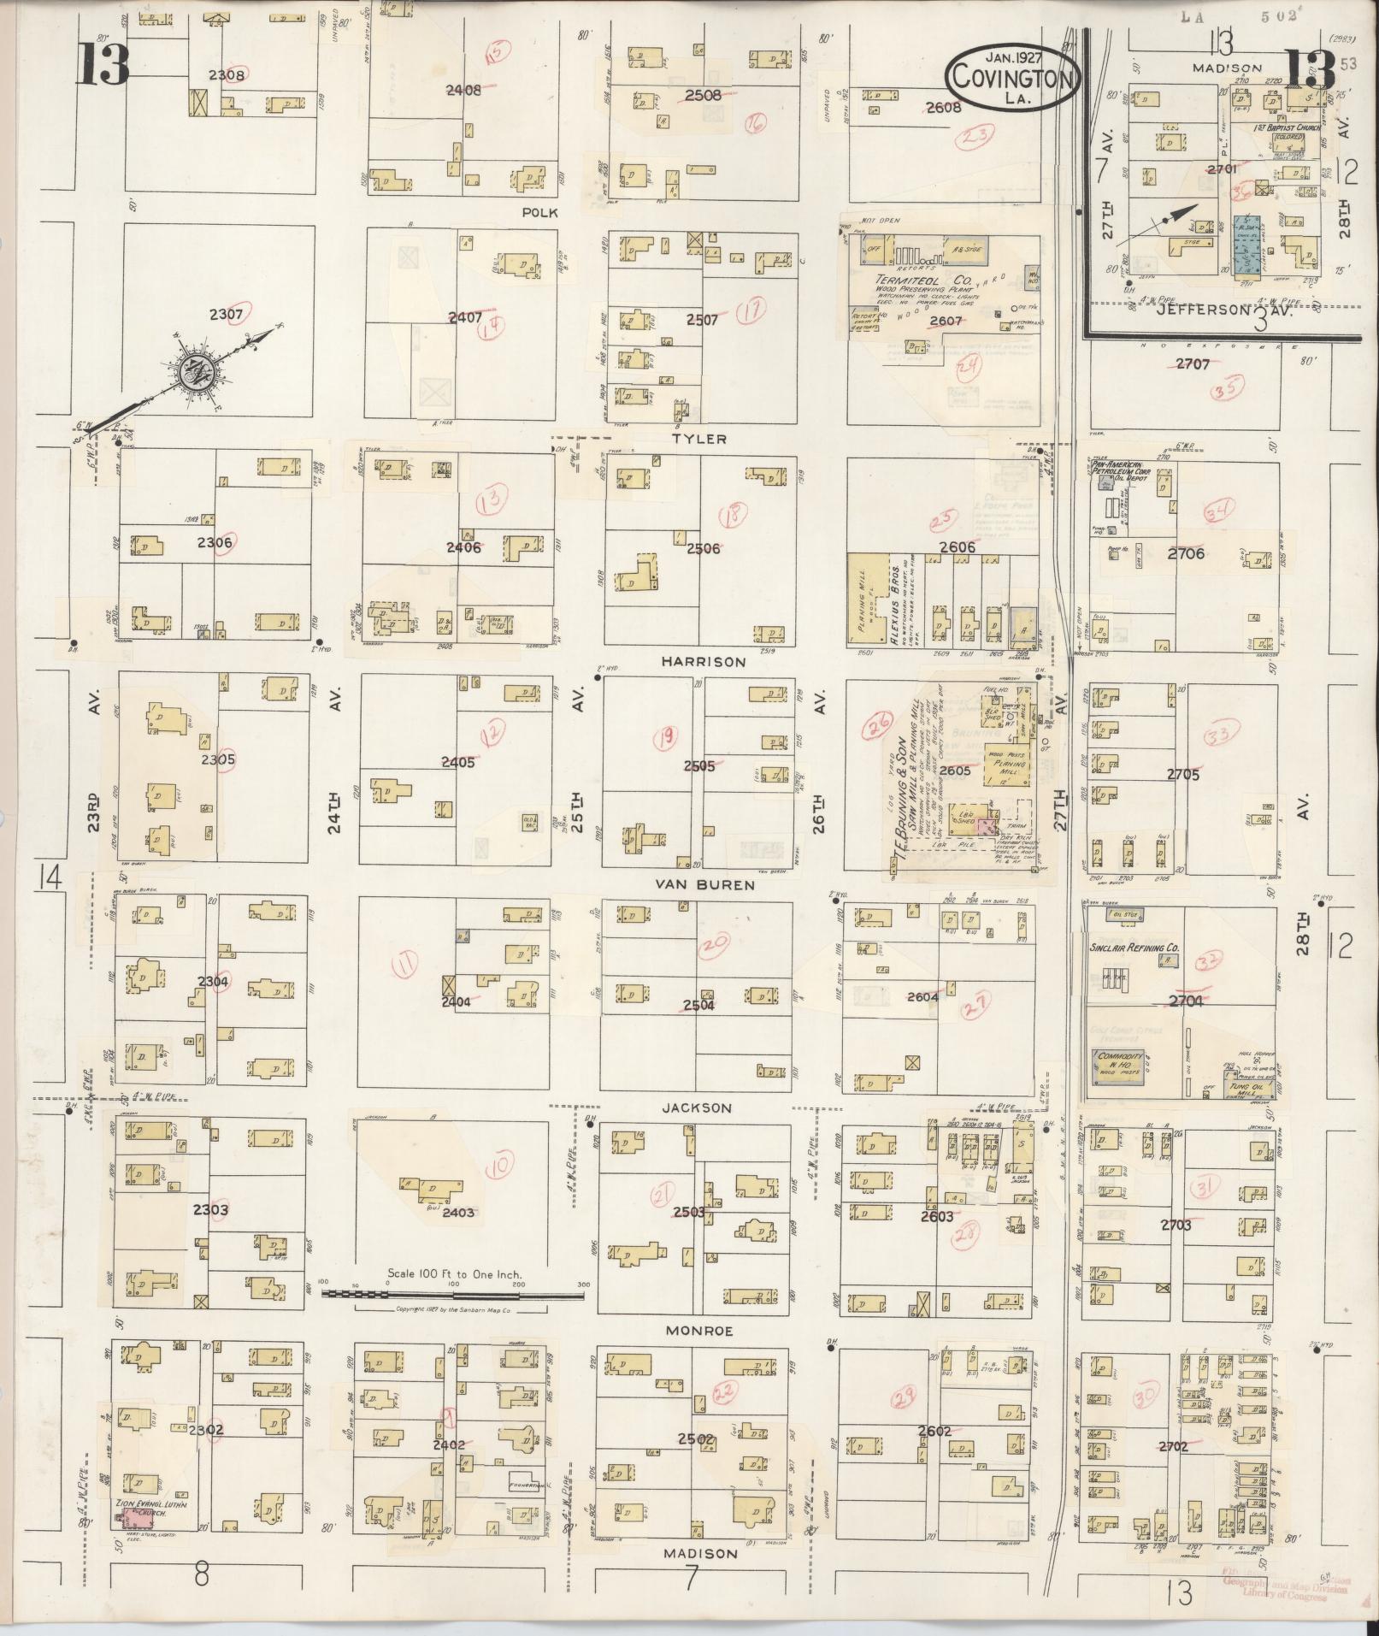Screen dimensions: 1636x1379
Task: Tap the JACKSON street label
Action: (x=697, y=1107)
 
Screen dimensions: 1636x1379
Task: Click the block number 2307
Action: (x=226, y=315)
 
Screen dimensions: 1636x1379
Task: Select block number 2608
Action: (x=943, y=108)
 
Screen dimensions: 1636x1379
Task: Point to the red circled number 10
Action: (x=502, y=1163)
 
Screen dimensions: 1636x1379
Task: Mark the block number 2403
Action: (x=458, y=1212)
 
